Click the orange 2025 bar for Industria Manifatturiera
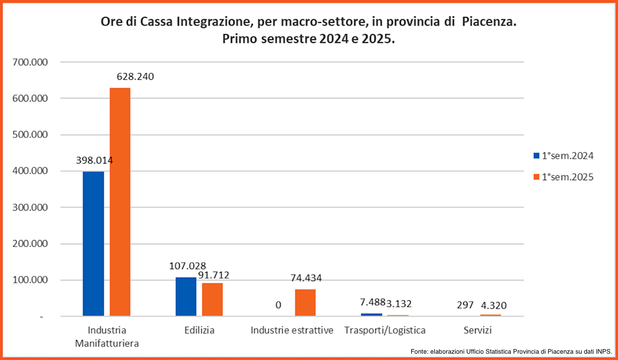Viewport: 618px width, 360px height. (x=120, y=202)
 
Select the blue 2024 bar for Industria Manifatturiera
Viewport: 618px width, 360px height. (x=93, y=244)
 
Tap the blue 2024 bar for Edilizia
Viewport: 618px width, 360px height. (x=185, y=297)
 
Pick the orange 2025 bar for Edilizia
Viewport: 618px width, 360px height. (x=212, y=300)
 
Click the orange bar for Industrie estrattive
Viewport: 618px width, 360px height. (x=305, y=302)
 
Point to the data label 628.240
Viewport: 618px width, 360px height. (x=135, y=77)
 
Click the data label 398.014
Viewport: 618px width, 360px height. (x=94, y=160)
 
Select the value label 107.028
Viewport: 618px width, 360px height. (x=188, y=266)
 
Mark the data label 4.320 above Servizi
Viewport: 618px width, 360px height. (x=494, y=305)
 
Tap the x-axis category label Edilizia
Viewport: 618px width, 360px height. (x=199, y=331)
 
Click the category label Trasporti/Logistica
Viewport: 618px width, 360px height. (x=385, y=331)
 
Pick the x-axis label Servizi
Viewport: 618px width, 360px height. (x=478, y=331)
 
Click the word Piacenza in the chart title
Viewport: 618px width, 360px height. (x=489, y=23)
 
